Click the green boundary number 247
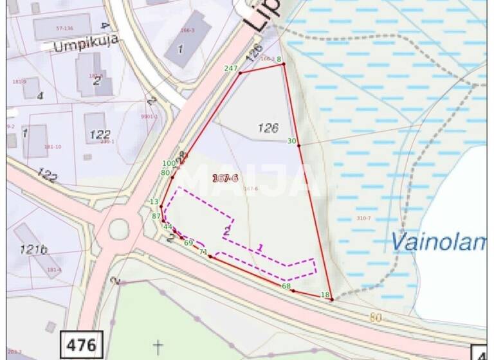231,68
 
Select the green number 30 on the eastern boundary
292,141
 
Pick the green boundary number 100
169,164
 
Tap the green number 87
156,216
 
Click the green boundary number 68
286,286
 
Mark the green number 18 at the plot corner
325,295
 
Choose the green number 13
154,202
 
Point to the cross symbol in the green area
158,347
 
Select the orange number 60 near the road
376,317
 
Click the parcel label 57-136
65,28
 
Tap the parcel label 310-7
364,219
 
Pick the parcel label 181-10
53,147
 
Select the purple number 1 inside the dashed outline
260,247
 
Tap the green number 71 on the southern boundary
203,251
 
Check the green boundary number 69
188,243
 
